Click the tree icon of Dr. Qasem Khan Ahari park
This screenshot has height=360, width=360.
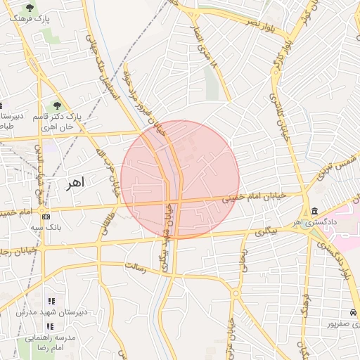click(57, 105)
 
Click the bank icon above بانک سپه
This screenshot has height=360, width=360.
click(46, 217)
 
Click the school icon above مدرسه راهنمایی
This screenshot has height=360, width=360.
click(49, 326)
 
